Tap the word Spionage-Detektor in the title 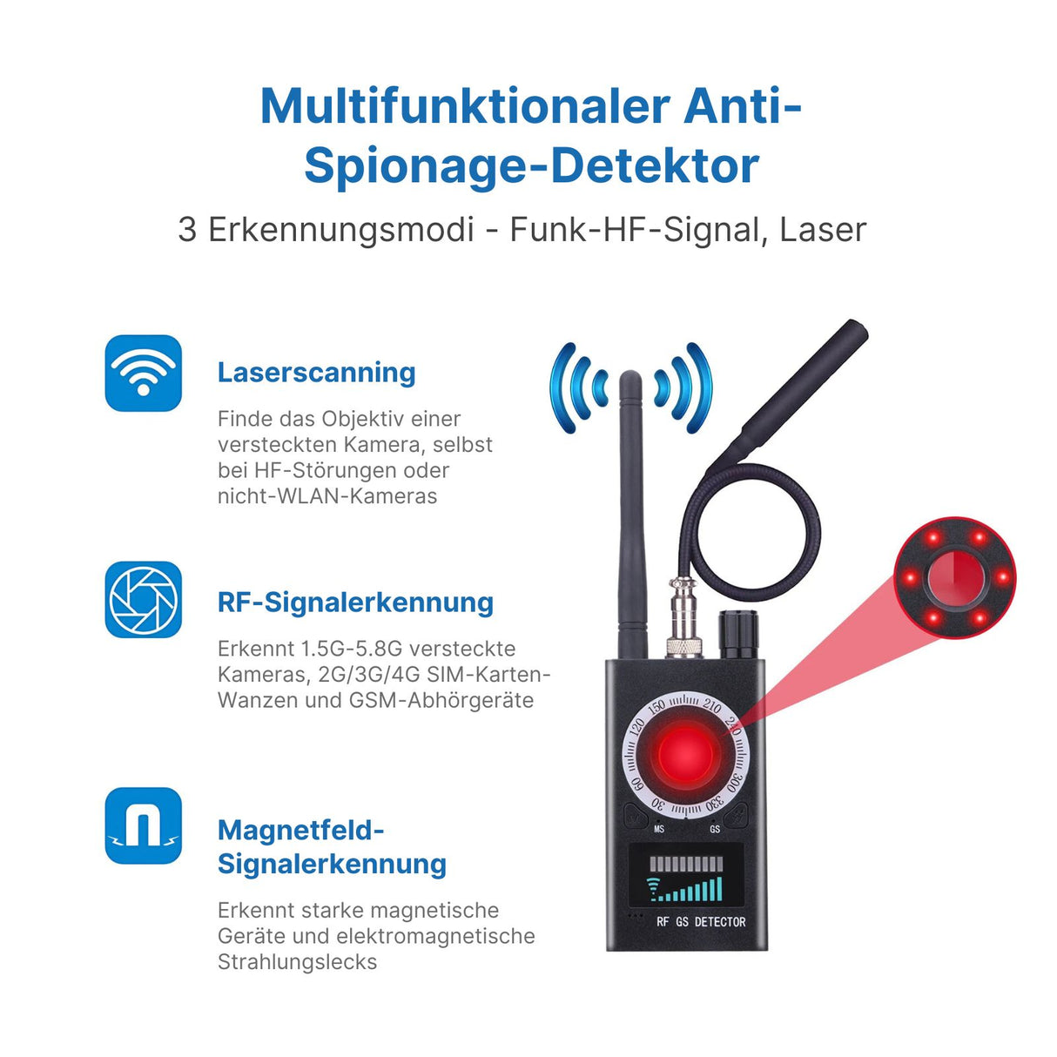531,165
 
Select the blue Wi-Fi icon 144,373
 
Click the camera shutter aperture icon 144,599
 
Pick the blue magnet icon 144,825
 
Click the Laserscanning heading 316,373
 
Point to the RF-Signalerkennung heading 355,602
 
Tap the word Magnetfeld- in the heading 300,830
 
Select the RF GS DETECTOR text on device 701,921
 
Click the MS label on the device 659,829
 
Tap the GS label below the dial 715,829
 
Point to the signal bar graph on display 688,888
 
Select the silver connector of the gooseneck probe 684,623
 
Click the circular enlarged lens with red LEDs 955,576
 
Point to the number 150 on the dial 656,706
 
